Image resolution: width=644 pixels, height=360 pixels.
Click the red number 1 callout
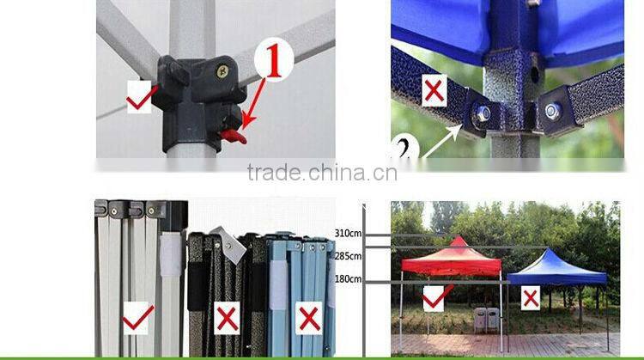274,59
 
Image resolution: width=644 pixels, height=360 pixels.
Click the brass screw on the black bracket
222,72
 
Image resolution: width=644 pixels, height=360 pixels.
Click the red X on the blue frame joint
434,91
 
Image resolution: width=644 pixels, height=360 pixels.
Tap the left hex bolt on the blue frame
481,113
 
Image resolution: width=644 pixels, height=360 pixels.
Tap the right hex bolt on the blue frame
552,111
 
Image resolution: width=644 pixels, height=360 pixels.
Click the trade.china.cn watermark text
322,173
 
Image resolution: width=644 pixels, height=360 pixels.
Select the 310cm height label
349,234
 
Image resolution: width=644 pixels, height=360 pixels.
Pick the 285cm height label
349,256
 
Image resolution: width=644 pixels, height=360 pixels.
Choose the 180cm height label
349,279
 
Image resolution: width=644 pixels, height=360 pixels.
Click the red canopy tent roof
452,258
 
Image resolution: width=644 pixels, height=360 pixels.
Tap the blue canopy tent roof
557,268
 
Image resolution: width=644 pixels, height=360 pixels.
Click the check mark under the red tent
436,297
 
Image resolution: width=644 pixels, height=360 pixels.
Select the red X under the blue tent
531,298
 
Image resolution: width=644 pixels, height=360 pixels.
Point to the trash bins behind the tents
487,320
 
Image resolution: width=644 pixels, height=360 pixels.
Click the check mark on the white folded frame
137,318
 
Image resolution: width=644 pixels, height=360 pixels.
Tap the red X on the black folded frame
228,318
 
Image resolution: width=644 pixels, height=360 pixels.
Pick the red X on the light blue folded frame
309,318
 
